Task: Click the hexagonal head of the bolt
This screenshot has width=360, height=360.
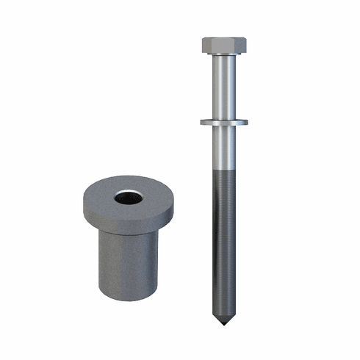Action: coord(223,46)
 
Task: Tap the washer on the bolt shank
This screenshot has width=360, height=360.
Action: coord(223,122)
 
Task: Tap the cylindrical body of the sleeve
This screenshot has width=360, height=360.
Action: coord(125,264)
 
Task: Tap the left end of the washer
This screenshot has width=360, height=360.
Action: coord(201,122)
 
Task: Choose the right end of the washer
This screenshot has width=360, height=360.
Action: coord(246,122)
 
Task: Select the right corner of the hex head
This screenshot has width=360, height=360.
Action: coord(246,46)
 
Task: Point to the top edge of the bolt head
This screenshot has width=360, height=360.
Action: coord(223,37)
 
